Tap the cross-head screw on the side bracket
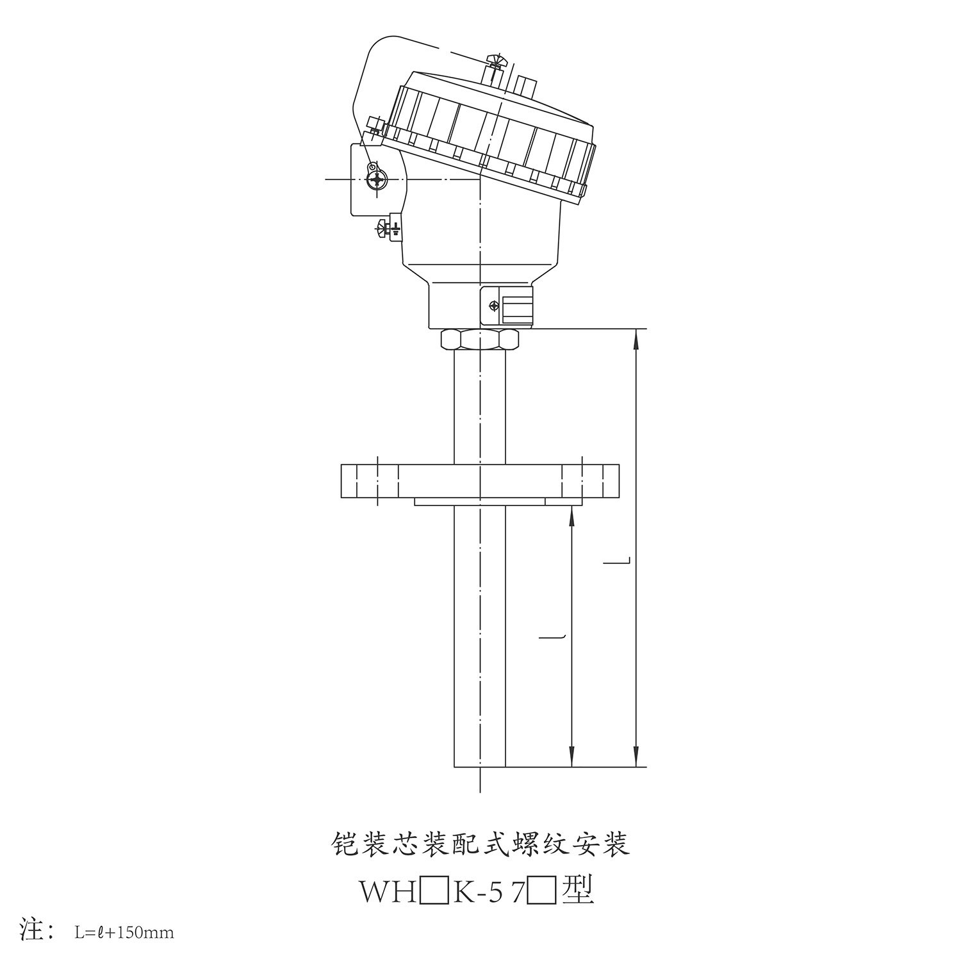coord(377,180)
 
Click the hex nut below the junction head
coord(480,339)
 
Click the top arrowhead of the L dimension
coord(636,339)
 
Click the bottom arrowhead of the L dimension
coord(636,756)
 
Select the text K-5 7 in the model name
coord(489,891)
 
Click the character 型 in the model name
coord(577,891)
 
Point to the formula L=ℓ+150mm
coord(124,932)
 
